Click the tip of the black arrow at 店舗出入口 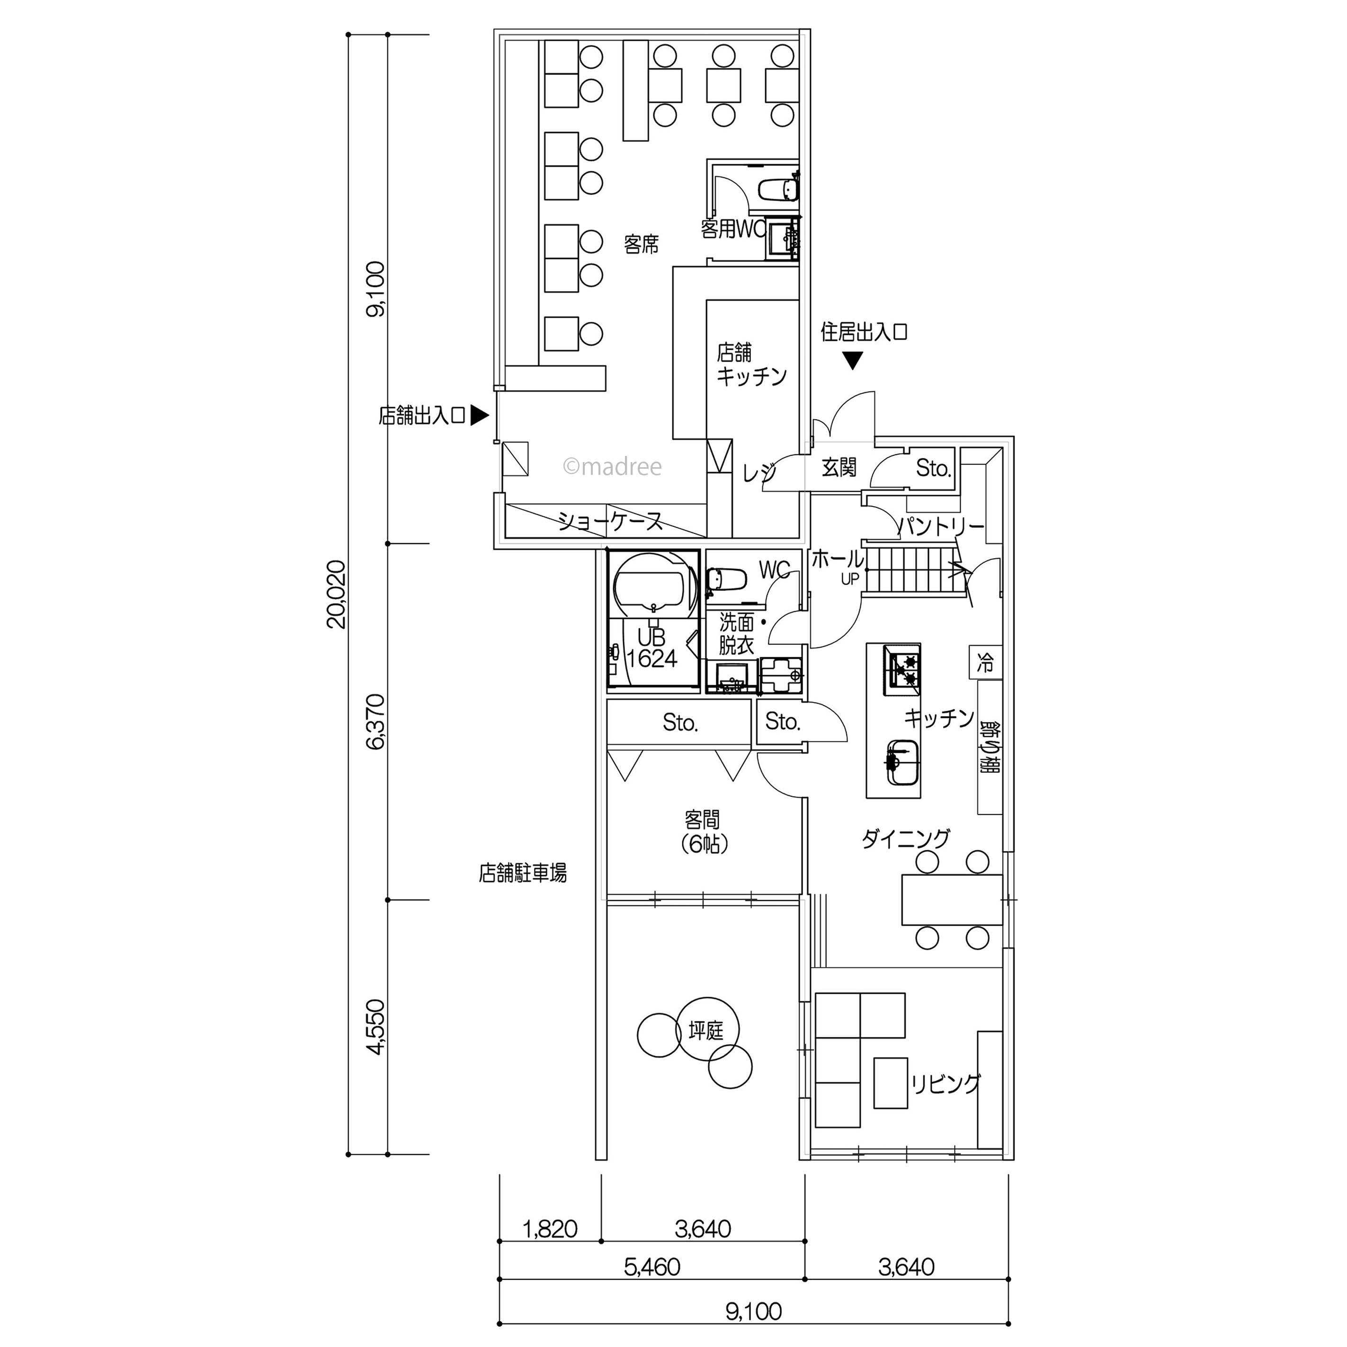(x=489, y=416)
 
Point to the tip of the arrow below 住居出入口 (x=853, y=369)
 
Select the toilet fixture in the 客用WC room (x=777, y=189)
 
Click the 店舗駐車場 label (x=522, y=873)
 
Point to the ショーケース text (x=610, y=521)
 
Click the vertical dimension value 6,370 (x=375, y=722)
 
